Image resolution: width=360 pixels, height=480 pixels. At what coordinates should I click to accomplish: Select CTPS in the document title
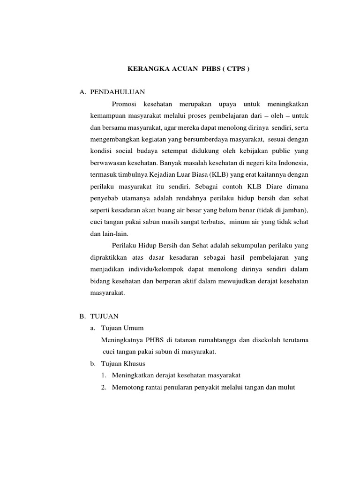coord(235,69)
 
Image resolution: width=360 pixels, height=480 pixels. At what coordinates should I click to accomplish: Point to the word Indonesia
coord(292,162)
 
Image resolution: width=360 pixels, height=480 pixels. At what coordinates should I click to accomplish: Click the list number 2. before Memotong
coord(104,387)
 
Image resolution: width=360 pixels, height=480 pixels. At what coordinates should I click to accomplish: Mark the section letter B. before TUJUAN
coord(82,316)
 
